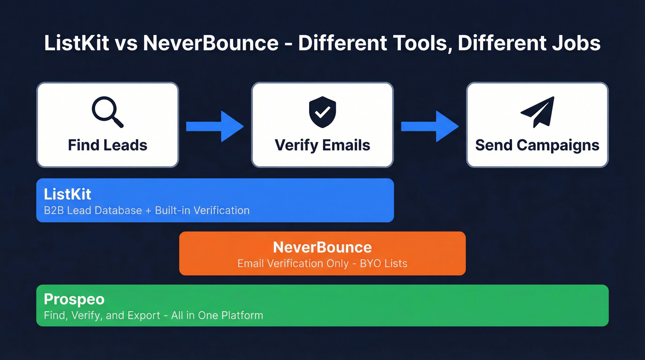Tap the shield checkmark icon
322,112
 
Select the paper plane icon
537,112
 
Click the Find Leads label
107,145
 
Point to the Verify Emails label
322,145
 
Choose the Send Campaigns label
537,145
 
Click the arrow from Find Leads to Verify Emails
215,126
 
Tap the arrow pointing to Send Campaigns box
430,126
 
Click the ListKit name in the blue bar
68,193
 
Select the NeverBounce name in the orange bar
322,247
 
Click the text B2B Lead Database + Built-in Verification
147,211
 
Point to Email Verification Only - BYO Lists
322,264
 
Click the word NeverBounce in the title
211,43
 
